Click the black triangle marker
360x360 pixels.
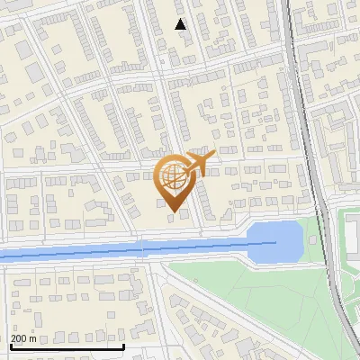tap(182, 24)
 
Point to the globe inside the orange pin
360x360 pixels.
tap(174, 176)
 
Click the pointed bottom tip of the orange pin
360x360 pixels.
tap(175, 213)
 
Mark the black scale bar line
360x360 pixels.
tap(67, 346)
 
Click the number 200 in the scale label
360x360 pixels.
tap(19, 338)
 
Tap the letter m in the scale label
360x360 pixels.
tap(33, 338)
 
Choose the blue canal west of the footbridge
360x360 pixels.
tap(72, 253)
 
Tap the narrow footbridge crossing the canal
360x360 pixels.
tap(144, 247)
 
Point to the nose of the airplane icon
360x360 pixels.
tap(214, 156)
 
